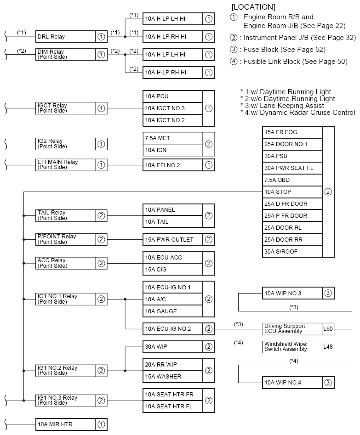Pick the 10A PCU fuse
172,96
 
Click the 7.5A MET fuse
172,138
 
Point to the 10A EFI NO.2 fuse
172,165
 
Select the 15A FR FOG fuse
292,132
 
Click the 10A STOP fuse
292,192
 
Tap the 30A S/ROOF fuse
292,251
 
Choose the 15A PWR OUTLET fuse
172,239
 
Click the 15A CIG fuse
172,269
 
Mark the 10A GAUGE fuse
172,311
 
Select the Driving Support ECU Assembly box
291,328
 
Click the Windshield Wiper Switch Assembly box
291,347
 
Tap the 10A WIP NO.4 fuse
291,382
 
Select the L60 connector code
328,328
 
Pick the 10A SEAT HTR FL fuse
172,406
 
